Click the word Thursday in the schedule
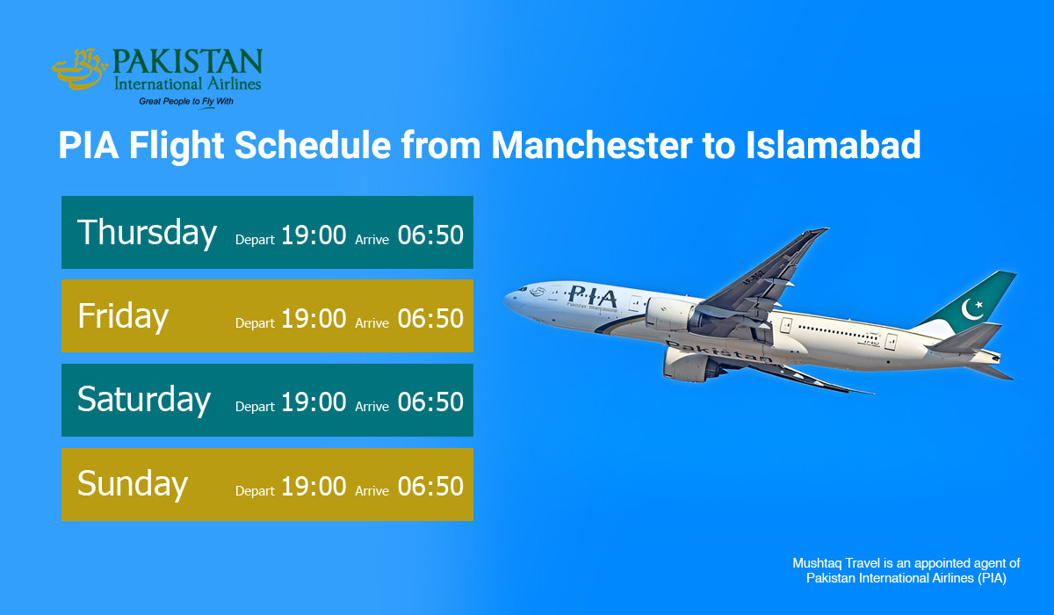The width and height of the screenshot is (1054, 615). [x=147, y=233]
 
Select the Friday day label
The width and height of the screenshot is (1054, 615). [x=123, y=316]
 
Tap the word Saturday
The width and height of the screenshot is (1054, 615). [x=144, y=401]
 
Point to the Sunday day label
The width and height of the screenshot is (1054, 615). [x=133, y=484]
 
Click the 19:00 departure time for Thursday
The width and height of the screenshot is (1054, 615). [x=314, y=235]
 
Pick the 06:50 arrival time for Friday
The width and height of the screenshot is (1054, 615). [x=430, y=319]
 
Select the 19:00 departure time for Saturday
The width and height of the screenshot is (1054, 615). [x=314, y=403]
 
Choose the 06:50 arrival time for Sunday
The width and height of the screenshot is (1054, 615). [x=430, y=487]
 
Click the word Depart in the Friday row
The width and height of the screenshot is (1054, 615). [x=255, y=323]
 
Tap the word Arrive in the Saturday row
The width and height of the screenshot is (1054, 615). [x=372, y=407]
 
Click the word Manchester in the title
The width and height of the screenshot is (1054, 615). [x=596, y=145]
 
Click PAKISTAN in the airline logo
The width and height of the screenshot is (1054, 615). [x=188, y=63]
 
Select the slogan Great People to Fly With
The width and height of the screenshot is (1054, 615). [x=186, y=102]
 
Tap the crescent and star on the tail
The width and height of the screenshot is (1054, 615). [x=972, y=308]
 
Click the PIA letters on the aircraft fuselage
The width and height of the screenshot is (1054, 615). [x=592, y=296]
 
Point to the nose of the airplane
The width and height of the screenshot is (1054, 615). [x=509, y=300]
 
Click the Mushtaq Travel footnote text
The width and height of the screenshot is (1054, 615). [x=906, y=570]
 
